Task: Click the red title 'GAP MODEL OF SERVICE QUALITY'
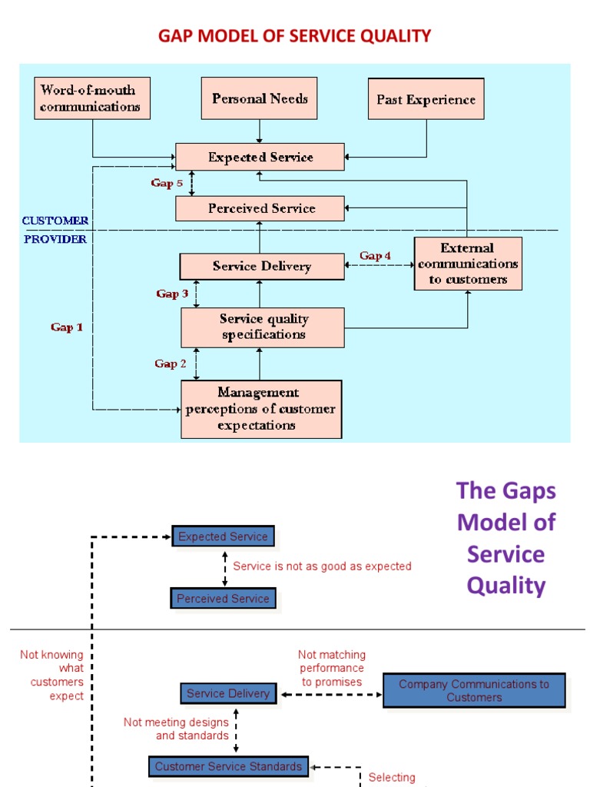click(294, 36)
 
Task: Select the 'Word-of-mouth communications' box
click(92, 98)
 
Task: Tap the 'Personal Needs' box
click(260, 98)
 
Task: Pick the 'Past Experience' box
click(426, 99)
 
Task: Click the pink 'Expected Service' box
click(260, 157)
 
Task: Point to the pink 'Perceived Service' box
click(260, 208)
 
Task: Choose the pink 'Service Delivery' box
click(261, 267)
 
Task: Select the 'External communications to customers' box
click(468, 264)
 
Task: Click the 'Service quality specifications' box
click(263, 327)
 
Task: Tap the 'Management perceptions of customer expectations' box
click(261, 409)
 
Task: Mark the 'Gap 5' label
click(167, 183)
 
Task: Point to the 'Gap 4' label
click(376, 256)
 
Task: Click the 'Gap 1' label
click(67, 327)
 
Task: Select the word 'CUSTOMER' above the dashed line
click(55, 221)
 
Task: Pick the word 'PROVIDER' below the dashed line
click(55, 239)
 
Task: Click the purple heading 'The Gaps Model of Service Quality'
click(505, 538)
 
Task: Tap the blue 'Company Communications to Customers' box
click(473, 691)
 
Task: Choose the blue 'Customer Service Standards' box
click(228, 766)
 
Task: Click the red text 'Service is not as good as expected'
click(322, 566)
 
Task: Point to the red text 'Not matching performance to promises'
click(332, 669)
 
